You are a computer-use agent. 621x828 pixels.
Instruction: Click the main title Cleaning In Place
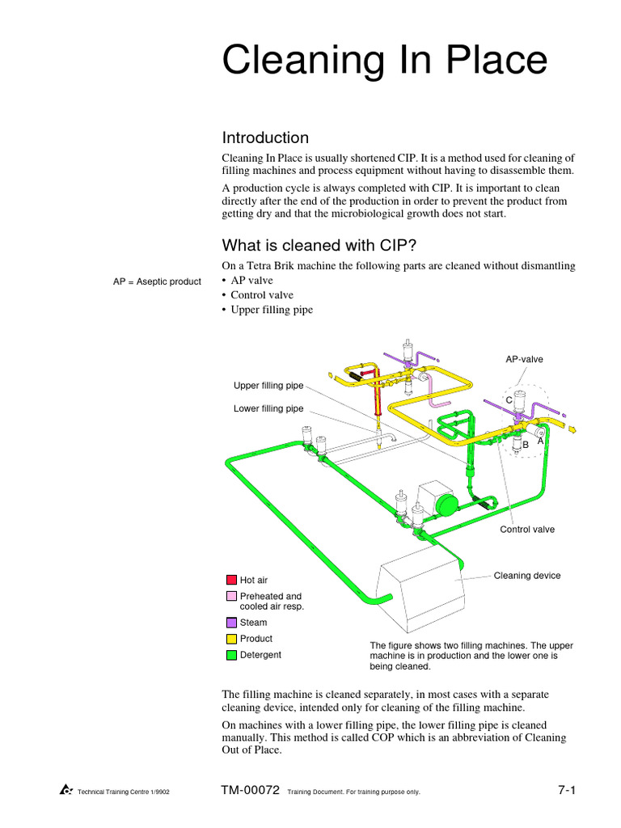[x=385, y=61]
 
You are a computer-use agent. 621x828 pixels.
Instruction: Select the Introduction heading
[x=265, y=137]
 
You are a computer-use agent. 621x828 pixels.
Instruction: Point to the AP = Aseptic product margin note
[x=157, y=281]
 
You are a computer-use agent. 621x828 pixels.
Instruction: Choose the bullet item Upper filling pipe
[x=272, y=310]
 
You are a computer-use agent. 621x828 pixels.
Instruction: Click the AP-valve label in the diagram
[x=524, y=359]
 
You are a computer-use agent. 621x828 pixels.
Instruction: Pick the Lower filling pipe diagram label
[x=268, y=408]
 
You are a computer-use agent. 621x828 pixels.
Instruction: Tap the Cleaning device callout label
[x=526, y=576]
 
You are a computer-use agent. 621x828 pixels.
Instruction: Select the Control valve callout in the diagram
[x=527, y=530]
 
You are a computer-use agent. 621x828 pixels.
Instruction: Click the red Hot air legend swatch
[x=231, y=580]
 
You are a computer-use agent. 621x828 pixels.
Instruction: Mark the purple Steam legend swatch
[x=231, y=623]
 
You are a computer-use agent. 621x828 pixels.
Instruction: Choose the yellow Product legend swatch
[x=231, y=639]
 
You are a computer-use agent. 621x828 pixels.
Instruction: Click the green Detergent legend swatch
[x=231, y=655]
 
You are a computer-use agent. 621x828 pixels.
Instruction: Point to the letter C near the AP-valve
[x=509, y=400]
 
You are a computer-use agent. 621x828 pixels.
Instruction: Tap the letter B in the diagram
[x=526, y=445]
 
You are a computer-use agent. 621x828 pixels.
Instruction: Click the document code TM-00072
[x=250, y=791]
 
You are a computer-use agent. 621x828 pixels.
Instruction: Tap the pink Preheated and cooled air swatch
[x=231, y=596]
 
